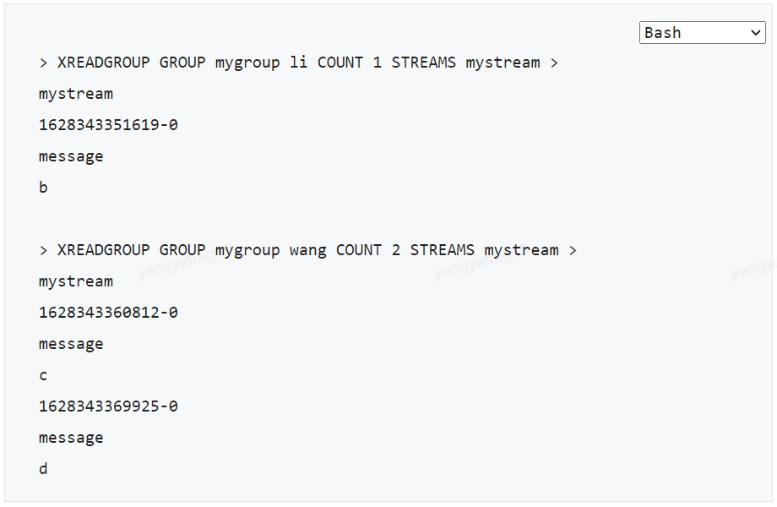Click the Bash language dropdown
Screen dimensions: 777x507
point(701,33)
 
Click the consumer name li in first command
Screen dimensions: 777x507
point(298,63)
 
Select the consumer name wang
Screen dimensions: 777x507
point(307,250)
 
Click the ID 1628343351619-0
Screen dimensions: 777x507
point(108,125)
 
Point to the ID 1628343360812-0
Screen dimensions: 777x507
point(108,313)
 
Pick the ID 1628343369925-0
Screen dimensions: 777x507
point(108,406)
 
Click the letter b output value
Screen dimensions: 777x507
point(43,188)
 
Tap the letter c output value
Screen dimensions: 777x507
point(43,375)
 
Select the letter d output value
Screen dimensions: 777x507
point(43,469)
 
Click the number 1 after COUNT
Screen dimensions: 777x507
point(378,63)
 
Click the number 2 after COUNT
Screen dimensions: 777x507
point(396,250)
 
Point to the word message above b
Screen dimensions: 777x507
point(71,156)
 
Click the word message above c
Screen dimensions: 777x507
point(71,344)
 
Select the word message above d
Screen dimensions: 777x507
point(71,438)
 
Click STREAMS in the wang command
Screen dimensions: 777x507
point(443,250)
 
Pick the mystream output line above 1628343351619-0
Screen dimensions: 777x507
point(76,94)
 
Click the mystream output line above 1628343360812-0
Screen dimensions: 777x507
point(76,281)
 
